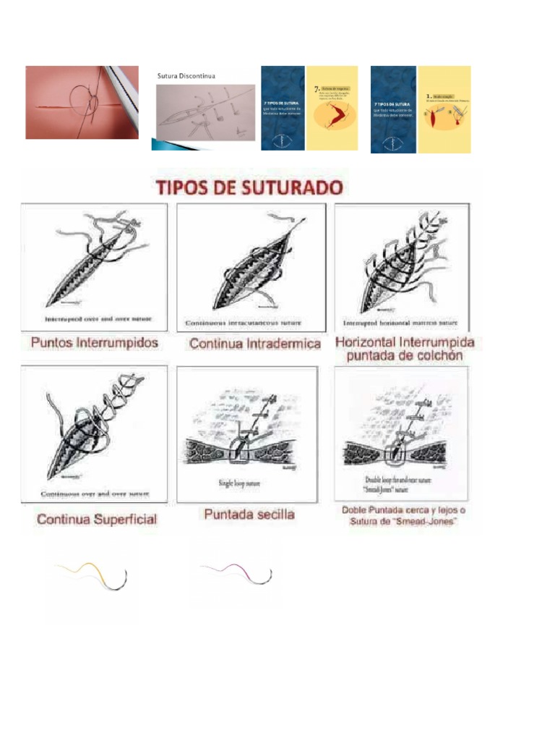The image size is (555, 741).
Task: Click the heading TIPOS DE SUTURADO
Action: tap(249, 188)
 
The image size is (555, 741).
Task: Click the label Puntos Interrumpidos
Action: tap(94, 342)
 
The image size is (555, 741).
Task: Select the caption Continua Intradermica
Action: tap(255, 344)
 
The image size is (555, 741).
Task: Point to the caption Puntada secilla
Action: tap(249, 515)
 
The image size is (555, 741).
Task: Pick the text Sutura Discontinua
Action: tap(186, 75)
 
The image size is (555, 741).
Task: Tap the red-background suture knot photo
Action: tap(82, 102)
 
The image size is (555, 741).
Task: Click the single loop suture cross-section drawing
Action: tap(248, 434)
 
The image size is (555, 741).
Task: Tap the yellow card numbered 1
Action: tap(444, 109)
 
